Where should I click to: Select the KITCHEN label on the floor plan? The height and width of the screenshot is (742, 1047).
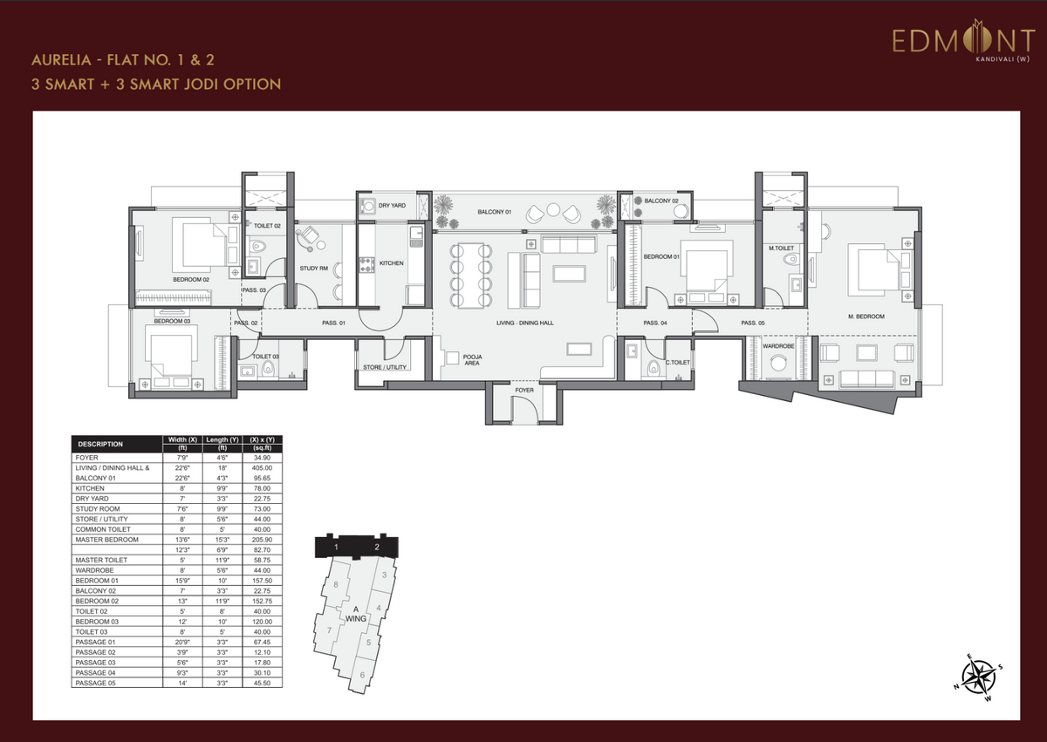click(391, 263)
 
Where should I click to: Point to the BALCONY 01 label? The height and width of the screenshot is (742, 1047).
click(494, 212)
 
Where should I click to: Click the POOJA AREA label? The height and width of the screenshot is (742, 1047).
click(472, 360)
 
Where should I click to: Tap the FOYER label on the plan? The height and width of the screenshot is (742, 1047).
click(524, 391)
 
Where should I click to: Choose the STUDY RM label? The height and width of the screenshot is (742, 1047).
click(313, 269)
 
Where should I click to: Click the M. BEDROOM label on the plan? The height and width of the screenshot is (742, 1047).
click(866, 317)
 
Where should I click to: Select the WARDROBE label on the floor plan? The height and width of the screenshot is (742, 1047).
click(778, 346)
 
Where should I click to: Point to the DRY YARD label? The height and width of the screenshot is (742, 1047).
click(392, 206)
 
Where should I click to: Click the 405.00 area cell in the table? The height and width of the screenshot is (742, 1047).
click(262, 468)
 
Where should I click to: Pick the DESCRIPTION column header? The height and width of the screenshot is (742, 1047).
click(100, 444)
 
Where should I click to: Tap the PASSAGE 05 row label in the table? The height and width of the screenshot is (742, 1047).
click(95, 683)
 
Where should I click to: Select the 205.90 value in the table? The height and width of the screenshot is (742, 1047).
click(262, 540)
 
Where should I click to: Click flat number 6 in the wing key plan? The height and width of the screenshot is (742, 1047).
click(362, 675)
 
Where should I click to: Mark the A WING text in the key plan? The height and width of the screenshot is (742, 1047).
click(356, 614)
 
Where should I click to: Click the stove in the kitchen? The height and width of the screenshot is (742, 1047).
click(366, 265)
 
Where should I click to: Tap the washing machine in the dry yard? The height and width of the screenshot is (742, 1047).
click(367, 206)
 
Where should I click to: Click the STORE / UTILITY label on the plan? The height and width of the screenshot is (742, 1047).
click(385, 367)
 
